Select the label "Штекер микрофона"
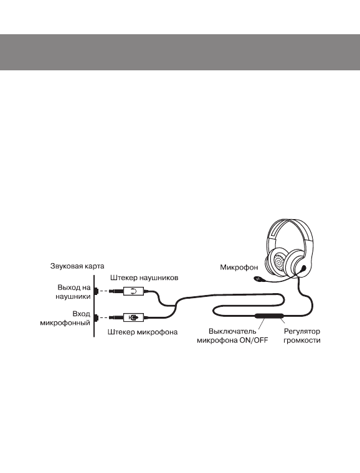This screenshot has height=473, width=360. [143, 333]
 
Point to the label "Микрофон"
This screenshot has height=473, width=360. [238, 268]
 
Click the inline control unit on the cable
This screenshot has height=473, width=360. [267, 317]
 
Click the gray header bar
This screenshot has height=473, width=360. [180, 52]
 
